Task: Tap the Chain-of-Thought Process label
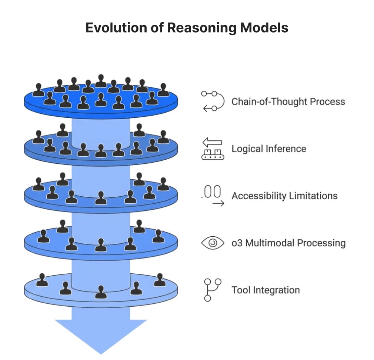coord(288,101)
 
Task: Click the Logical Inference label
coord(269,149)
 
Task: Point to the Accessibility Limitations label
coord(284,196)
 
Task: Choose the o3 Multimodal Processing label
coord(288,243)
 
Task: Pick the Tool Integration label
coord(266,290)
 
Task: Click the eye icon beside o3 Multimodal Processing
coord(213,243)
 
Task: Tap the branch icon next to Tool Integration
coord(213,290)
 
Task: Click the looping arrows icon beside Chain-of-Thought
coord(213,101)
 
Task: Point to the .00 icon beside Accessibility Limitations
coord(213,196)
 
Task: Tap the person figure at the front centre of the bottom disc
coord(100,292)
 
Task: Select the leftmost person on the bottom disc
coord(42,280)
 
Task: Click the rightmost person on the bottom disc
coord(160,280)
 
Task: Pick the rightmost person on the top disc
coord(163,90)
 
